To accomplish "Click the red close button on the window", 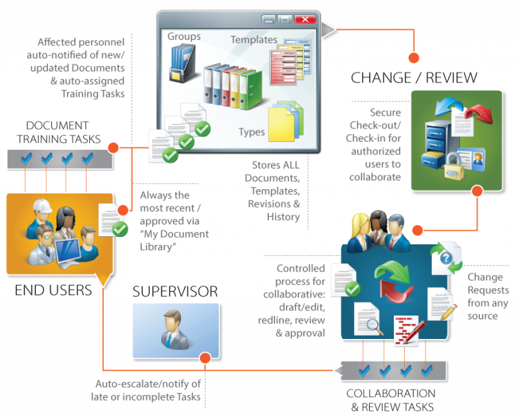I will point(305,19).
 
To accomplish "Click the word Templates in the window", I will point(253,40).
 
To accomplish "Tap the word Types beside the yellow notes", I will point(251,132).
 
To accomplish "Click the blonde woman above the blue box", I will point(358,226).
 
